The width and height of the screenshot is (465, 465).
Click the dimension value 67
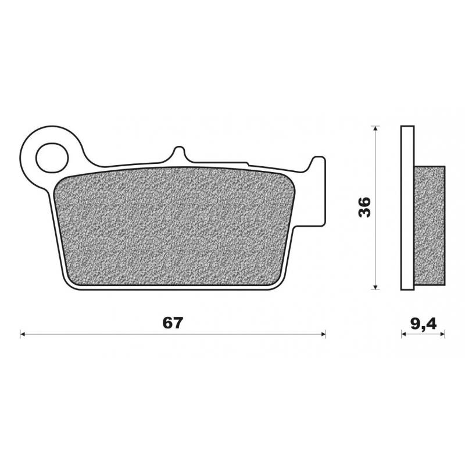[x=173, y=324]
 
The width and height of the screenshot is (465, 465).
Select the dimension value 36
[x=364, y=208]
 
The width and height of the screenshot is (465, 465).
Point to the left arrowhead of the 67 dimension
[x=23, y=334]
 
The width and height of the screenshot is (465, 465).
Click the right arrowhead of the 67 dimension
[x=323, y=334]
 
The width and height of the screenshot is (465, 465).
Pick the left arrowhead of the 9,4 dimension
[x=403, y=334]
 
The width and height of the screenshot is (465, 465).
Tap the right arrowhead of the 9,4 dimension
[x=442, y=334]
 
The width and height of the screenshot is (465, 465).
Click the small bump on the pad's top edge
[x=178, y=154]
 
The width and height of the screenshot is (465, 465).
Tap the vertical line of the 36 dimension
[x=377, y=174]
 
